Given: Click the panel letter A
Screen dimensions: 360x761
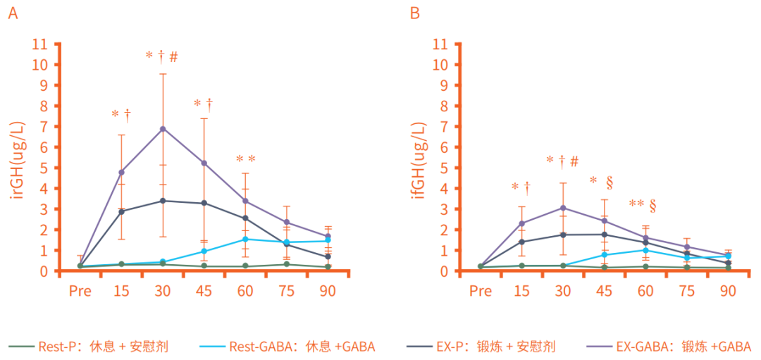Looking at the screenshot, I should pyautogui.click(x=13, y=13).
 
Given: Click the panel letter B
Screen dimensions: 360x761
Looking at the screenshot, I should pyautogui.click(x=415, y=13).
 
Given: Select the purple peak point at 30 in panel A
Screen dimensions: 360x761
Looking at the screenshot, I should pyautogui.click(x=163, y=129).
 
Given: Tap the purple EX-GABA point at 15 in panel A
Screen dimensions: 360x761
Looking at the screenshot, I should pyautogui.click(x=121, y=172).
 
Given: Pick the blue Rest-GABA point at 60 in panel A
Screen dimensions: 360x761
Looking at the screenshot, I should pyautogui.click(x=245, y=240).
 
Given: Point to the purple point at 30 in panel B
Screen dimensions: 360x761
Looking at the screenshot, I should pyautogui.click(x=563, y=208).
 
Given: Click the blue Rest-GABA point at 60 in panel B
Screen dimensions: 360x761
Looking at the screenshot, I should pyautogui.click(x=645, y=250).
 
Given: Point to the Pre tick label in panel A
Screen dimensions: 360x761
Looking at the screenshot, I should pyautogui.click(x=80, y=291).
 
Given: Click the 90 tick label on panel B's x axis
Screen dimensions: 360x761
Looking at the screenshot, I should pyautogui.click(x=728, y=291).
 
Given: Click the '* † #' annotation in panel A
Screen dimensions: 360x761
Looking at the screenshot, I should pyautogui.click(x=162, y=56).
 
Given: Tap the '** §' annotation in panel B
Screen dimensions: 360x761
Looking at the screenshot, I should pyautogui.click(x=643, y=205).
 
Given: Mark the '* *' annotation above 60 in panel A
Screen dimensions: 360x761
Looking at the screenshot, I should pyautogui.click(x=245, y=159).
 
